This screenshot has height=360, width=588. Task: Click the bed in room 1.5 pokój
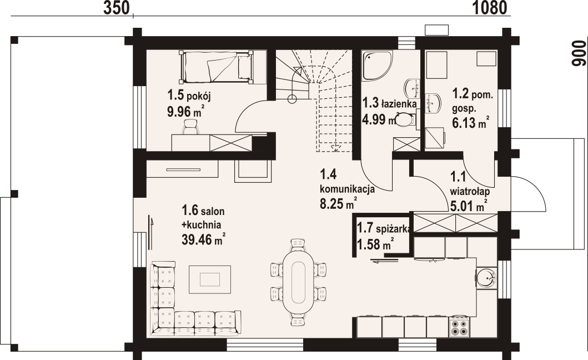[217, 67]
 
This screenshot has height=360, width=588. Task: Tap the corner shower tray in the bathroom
[377, 65]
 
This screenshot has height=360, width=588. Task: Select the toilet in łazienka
[406, 120]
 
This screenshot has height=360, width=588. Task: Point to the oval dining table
[298, 282]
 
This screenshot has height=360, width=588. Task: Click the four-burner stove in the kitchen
[459, 327]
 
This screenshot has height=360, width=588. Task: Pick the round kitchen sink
[486, 277]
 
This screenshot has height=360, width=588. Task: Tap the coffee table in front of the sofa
[210, 279]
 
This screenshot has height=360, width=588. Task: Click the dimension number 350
[116, 8]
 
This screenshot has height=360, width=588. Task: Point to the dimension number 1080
[489, 8]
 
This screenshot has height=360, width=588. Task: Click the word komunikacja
[347, 189]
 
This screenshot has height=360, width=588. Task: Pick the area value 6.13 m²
[471, 122]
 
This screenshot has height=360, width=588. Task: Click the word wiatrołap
[470, 192]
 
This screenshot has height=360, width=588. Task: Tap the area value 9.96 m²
[186, 112]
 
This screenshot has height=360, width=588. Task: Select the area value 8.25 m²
[338, 204]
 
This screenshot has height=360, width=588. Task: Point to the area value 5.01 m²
[469, 206]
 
